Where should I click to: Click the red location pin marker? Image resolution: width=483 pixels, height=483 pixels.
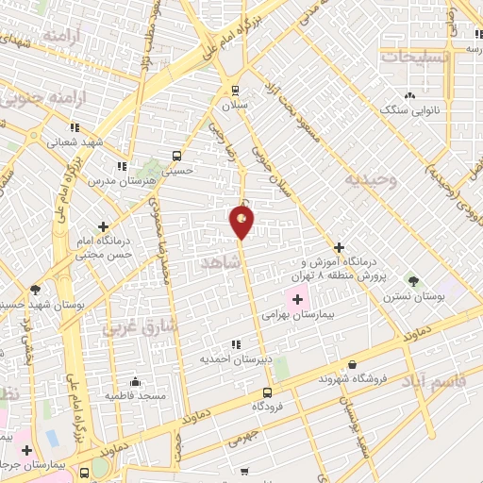point(241,221)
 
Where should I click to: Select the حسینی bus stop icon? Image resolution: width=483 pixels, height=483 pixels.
point(176,156)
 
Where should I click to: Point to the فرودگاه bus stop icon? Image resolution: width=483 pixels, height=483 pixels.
point(267,391)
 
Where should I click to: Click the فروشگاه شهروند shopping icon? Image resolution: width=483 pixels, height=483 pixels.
point(352,364)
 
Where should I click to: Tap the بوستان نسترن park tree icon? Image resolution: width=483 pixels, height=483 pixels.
point(412,280)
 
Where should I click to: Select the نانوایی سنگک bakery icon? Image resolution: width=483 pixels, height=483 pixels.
point(409,95)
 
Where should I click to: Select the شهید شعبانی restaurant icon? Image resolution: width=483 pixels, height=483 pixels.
point(75,127)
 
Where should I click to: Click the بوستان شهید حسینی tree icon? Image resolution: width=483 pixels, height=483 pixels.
point(36,289)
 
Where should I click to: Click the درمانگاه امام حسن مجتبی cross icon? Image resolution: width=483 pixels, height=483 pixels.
point(103,226)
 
